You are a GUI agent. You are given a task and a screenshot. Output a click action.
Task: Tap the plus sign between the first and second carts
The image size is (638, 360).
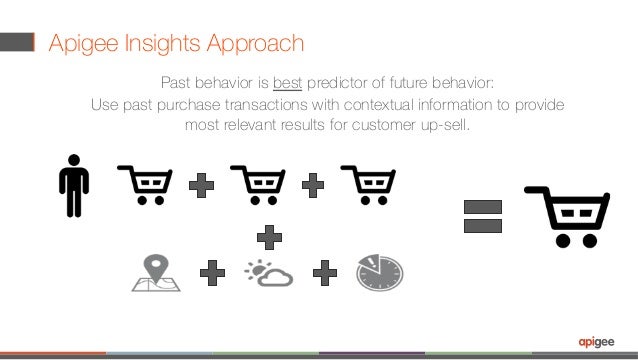pos(201,185)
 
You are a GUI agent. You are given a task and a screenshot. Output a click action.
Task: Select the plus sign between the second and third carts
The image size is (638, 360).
pos(312,185)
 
